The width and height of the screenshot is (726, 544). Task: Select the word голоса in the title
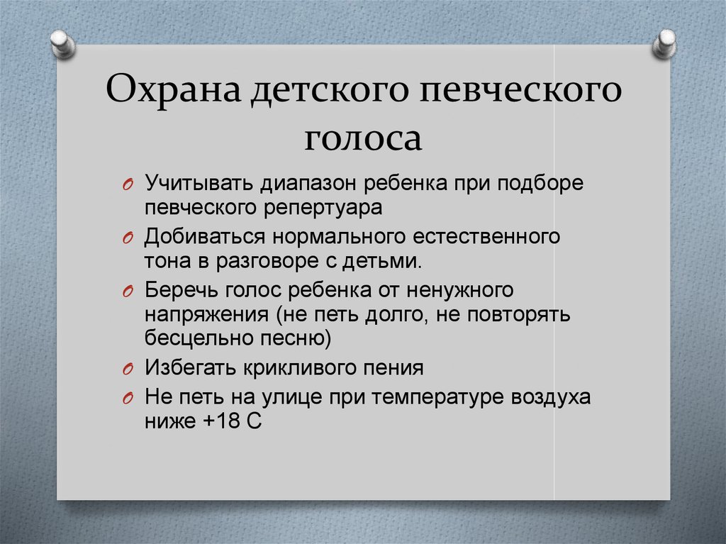click(363, 138)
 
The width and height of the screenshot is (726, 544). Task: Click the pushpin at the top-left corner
click(62, 44)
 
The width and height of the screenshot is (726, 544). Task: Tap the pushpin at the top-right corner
click(664, 44)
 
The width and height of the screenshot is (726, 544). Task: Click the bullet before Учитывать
click(128, 184)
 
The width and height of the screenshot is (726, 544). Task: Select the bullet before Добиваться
click(128, 238)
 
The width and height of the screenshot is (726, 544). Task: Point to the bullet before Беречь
click(128, 292)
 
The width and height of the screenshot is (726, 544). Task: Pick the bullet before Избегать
click(128, 370)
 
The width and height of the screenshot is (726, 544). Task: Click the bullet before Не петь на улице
click(128, 399)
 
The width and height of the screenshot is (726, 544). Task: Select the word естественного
click(486, 237)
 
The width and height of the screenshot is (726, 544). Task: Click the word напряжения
click(206, 316)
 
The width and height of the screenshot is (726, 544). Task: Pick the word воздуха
click(550, 399)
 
